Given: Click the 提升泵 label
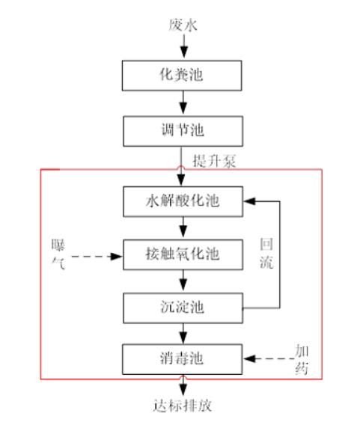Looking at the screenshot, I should (214, 160).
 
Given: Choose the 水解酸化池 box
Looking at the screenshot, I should (183, 201).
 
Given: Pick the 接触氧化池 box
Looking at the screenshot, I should (183, 254).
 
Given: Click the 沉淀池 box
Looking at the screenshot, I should (183, 306).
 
